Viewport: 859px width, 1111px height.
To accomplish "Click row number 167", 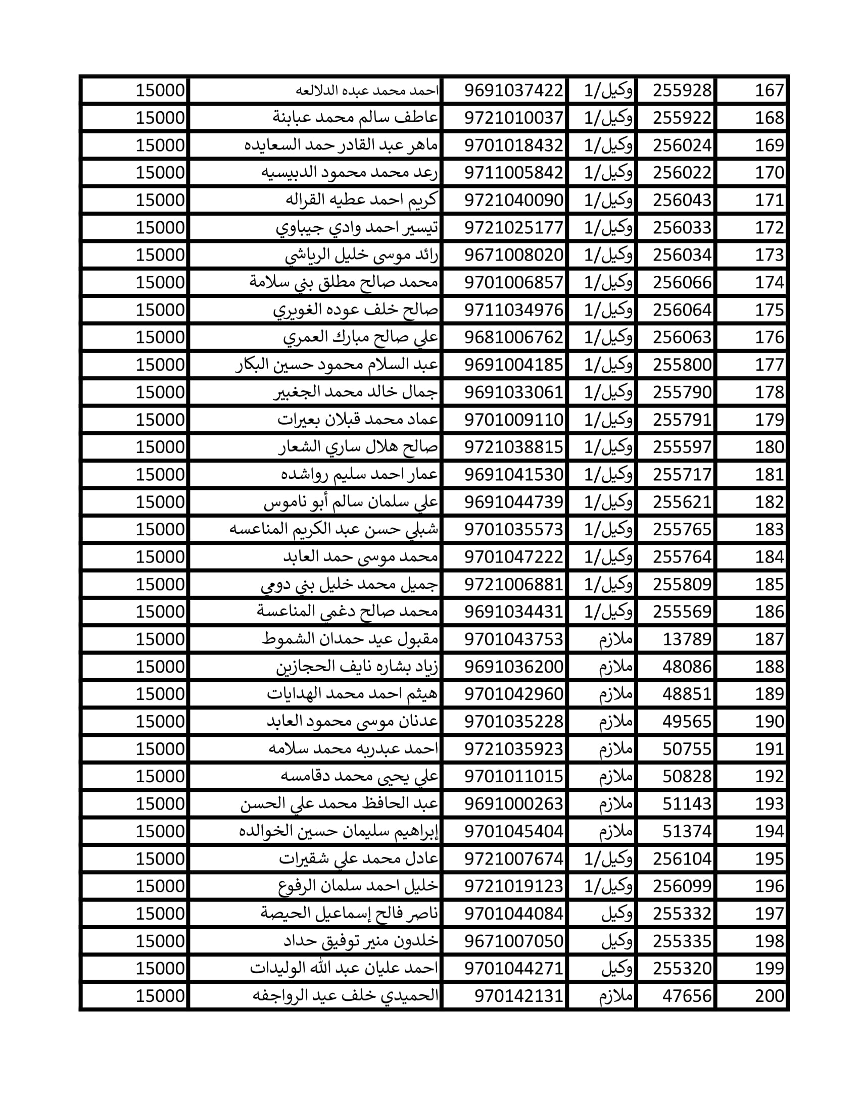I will (769, 90).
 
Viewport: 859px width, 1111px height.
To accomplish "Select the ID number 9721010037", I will (513, 118).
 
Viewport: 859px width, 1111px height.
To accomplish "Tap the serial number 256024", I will (682, 145).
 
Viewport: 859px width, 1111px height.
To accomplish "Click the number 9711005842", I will (513, 173).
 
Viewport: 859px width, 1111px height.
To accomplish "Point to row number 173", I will (769, 255).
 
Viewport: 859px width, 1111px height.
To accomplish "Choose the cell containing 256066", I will (682, 282).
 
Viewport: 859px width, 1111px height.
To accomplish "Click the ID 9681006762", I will (513, 337).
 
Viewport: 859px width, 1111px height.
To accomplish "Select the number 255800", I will (682, 365).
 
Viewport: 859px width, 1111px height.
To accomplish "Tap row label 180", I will (769, 447).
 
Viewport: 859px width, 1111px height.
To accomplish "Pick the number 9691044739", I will (513, 502).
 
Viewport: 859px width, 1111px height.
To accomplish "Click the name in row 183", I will (333, 530).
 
